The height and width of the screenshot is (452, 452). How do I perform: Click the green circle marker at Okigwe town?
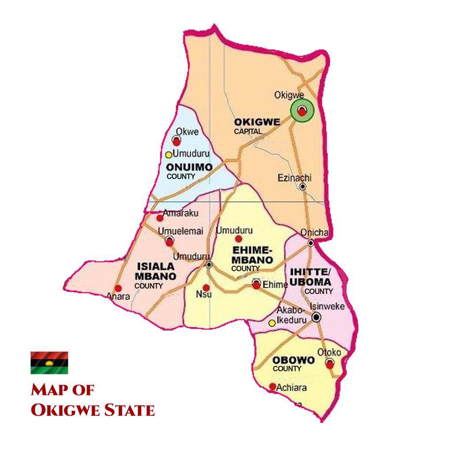click(302, 111)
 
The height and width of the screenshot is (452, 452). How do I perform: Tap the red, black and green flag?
click(49, 362)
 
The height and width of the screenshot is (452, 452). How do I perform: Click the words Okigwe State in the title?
click(93, 410)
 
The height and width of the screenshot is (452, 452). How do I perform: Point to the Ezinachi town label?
click(294, 178)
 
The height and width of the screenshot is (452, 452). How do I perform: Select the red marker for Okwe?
click(177, 141)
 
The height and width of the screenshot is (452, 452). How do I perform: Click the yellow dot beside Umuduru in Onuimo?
click(168, 155)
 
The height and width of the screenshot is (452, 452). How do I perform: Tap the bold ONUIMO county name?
click(189, 167)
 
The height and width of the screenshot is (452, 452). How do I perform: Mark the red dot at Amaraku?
click(160, 218)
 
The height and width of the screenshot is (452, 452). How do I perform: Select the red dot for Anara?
click(118, 288)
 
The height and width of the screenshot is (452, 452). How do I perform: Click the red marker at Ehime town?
click(256, 285)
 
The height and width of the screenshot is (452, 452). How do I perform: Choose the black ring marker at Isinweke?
click(316, 317)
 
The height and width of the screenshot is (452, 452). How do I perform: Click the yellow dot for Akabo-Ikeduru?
click(272, 323)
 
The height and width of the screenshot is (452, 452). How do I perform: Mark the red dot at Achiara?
click(272, 387)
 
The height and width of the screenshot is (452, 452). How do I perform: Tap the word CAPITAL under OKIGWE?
click(248, 131)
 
